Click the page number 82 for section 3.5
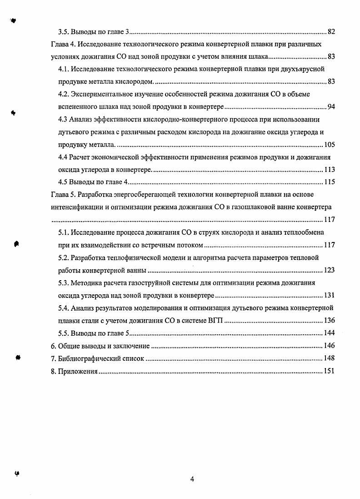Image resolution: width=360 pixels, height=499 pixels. click(331, 32)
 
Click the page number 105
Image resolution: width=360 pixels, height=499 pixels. click(330, 145)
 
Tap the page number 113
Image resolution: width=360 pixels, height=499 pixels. click(330, 170)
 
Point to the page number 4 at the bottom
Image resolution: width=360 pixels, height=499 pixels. click(192, 479)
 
